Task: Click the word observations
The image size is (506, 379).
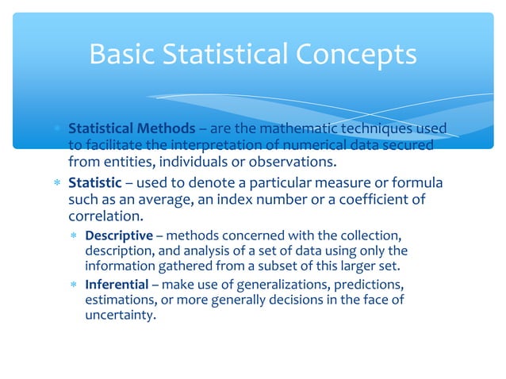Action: (x=289, y=163)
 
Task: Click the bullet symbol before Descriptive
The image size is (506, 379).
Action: (x=73, y=236)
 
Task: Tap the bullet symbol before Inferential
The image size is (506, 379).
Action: (x=73, y=284)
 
